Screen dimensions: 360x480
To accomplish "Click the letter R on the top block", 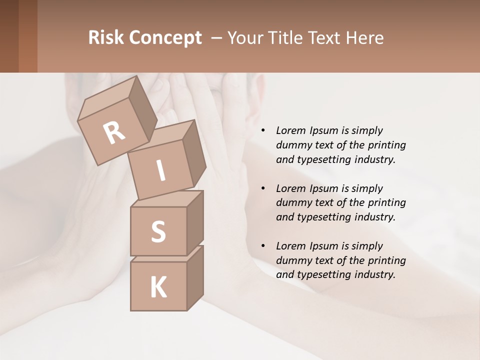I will point(114,132).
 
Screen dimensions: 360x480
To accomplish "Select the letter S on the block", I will point(158,232).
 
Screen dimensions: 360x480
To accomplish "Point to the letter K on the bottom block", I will point(158,287).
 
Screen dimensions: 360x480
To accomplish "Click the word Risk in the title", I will point(106,38).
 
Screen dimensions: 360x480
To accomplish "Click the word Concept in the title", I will point(165,38).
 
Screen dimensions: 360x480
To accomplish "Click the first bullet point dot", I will point(262,131).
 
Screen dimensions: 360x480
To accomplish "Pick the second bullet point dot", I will point(262,189).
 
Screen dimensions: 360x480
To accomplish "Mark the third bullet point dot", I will point(262,246).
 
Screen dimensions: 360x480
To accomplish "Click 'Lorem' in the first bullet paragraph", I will point(290,130).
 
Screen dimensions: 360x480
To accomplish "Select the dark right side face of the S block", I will point(195,223).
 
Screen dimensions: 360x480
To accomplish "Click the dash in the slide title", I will point(217,38).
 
